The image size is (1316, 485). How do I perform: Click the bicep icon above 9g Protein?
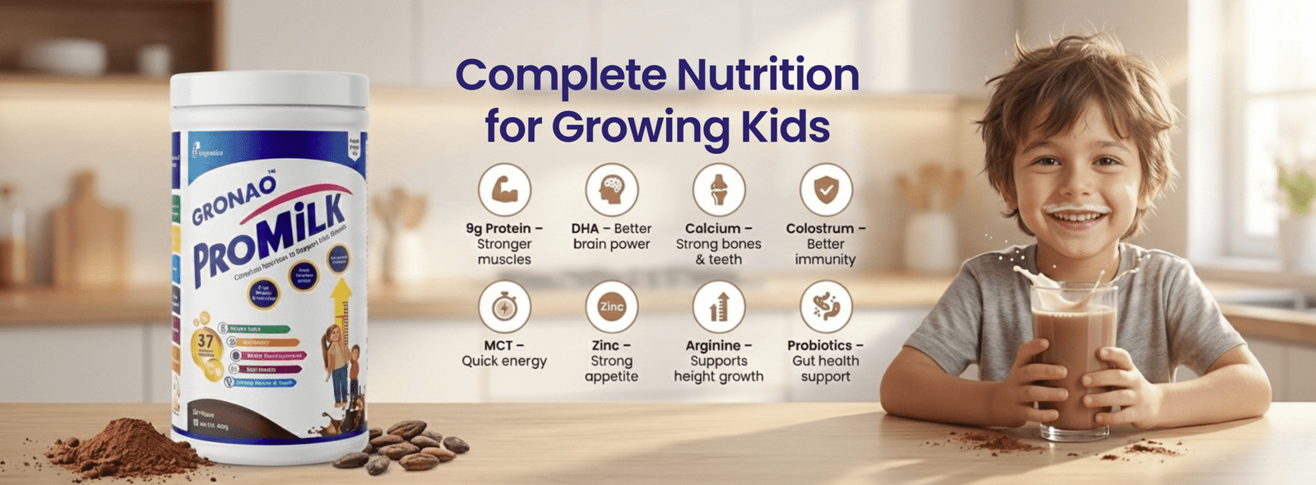click(x=504, y=189)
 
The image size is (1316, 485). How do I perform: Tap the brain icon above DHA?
click(x=611, y=189)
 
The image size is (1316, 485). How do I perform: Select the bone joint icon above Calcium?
click(x=719, y=189)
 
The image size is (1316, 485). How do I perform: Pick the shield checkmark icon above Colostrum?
click(x=826, y=189)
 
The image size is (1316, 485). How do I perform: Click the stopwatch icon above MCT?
click(x=504, y=307)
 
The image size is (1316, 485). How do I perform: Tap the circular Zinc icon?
click(x=611, y=307)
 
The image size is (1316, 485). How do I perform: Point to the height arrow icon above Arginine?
click(x=719, y=307)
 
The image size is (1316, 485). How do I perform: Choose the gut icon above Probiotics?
click(x=826, y=307)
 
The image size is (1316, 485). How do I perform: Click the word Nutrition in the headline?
click(x=768, y=75)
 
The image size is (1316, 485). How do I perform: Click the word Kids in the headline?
click(x=785, y=127)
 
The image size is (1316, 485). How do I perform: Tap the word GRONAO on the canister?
click(x=234, y=201)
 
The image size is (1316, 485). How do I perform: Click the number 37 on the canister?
click(x=206, y=341)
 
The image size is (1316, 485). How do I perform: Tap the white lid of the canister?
click(x=270, y=91)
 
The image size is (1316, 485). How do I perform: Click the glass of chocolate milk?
click(x=1073, y=358)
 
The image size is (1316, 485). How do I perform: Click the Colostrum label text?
click(x=821, y=229)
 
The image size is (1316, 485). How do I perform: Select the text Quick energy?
click(x=504, y=361)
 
